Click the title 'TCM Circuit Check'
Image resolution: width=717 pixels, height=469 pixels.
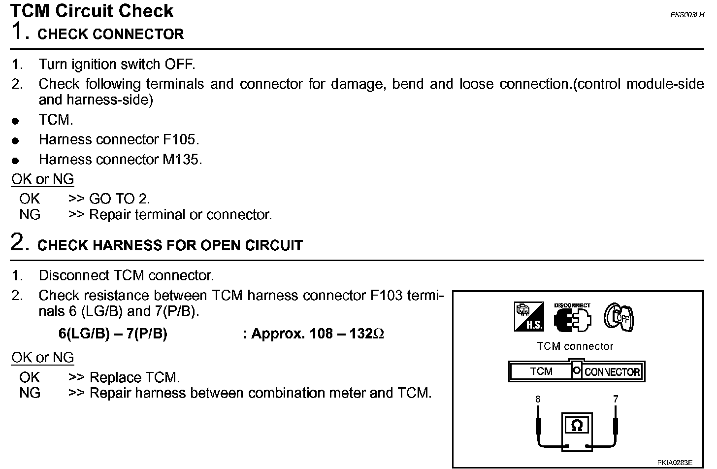(x=92, y=11)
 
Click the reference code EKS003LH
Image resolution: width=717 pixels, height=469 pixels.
(x=687, y=15)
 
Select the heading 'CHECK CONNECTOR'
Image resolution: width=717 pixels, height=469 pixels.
(x=110, y=34)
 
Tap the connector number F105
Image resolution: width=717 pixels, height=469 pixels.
(x=180, y=140)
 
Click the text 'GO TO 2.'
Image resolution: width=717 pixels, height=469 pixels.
(x=120, y=199)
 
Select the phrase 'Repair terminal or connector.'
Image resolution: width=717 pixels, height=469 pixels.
(x=181, y=215)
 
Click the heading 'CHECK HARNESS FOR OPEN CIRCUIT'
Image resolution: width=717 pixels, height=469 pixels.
(x=170, y=245)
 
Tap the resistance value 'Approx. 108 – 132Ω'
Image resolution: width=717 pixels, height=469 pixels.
(x=318, y=334)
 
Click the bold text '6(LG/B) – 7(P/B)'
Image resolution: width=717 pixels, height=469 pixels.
(x=113, y=334)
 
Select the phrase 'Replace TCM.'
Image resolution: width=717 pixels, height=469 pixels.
(x=135, y=378)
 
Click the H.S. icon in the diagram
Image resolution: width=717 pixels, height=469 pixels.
(x=529, y=316)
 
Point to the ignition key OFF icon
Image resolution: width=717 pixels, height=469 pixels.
(x=619, y=317)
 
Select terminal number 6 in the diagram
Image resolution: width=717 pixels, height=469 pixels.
(x=538, y=400)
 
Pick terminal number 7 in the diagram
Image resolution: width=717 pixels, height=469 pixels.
(x=616, y=400)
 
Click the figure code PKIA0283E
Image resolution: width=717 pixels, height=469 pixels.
(x=675, y=463)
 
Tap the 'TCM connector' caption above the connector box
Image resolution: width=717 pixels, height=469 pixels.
(x=575, y=346)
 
